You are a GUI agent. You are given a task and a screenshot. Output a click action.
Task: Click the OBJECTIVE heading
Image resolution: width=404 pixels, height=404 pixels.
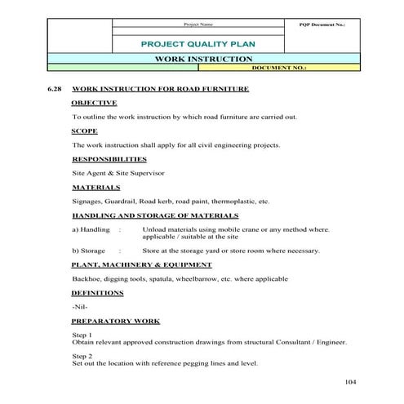pos(94,103)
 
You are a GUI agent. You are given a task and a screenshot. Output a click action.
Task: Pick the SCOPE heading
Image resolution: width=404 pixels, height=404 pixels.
pos(85,131)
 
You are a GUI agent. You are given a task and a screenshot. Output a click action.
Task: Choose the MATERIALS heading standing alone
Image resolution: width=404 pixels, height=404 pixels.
pos(96,187)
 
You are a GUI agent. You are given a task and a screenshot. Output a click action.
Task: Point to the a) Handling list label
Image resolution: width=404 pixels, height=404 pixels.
pos(91,229)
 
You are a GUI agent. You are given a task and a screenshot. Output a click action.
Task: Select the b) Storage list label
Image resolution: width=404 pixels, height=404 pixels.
pos(88,251)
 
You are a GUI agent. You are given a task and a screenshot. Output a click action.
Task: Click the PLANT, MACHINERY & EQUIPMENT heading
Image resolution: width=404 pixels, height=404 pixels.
pos(141,264)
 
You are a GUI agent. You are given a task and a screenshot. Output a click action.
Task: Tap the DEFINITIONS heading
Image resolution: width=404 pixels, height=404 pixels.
pos(97,292)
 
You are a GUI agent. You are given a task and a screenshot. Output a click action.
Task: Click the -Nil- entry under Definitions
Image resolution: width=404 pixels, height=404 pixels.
pos(79,307)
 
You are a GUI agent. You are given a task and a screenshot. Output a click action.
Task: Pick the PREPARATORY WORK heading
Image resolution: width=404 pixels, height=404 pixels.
pos(115,321)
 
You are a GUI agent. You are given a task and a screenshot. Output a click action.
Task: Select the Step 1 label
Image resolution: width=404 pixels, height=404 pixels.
pos(82,335)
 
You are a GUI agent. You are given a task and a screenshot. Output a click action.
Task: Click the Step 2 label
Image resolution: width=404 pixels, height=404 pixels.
pos(82,357)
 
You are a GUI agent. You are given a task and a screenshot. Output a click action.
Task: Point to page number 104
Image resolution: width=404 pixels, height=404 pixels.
pos(351,381)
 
